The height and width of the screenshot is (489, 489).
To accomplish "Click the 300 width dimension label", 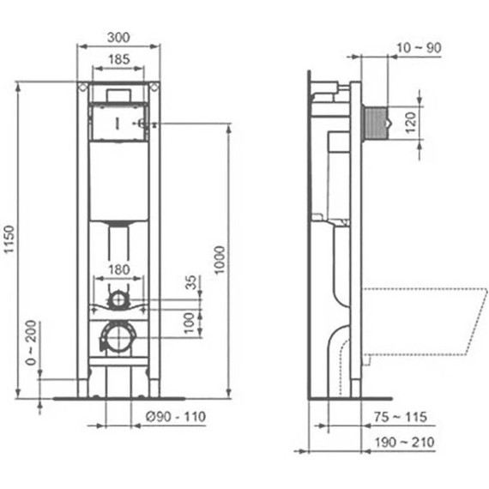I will tap(118, 37).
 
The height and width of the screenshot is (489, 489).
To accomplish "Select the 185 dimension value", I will tap(118, 59).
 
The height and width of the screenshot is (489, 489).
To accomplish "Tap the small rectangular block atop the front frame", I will tap(118, 93).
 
